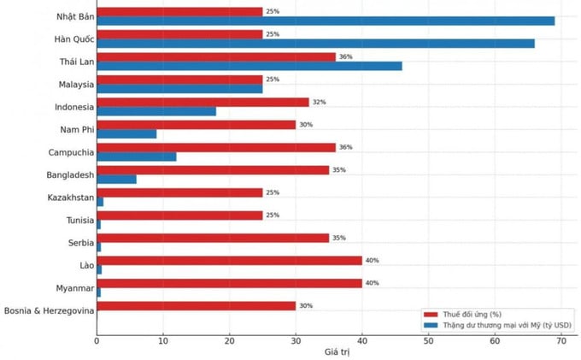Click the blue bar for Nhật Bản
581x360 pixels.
point(325,21)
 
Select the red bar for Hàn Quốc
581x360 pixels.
point(179,34)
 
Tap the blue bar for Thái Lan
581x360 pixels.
point(249,65)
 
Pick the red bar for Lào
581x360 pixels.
point(229,260)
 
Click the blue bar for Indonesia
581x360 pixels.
point(156,110)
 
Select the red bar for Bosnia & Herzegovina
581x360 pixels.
point(196,305)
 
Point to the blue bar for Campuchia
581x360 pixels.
point(137,156)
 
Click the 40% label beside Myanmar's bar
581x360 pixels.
point(372,283)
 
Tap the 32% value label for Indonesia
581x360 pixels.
point(319,102)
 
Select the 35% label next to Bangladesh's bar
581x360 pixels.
point(338,170)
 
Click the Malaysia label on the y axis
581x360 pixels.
point(72,84)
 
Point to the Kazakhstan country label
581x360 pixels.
point(70,198)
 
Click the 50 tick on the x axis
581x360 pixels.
point(428,340)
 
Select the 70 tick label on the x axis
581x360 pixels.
point(561,340)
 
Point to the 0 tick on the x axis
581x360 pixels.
point(97,340)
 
